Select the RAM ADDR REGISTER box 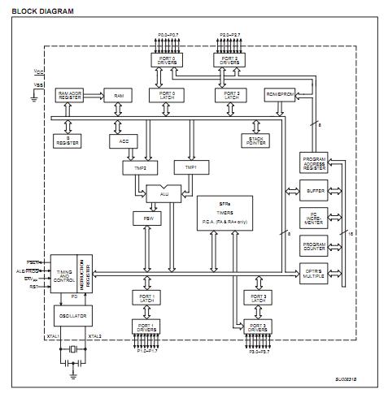click(x=69, y=95)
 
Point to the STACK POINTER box click(x=258, y=141)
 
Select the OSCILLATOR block click(x=72, y=313)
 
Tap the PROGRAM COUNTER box click(x=314, y=246)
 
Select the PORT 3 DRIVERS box click(x=259, y=326)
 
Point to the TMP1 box click(x=191, y=167)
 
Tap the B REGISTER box click(x=68, y=141)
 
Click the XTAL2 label click(x=95, y=335)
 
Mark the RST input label click(x=33, y=286)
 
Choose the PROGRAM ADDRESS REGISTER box click(x=314, y=163)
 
